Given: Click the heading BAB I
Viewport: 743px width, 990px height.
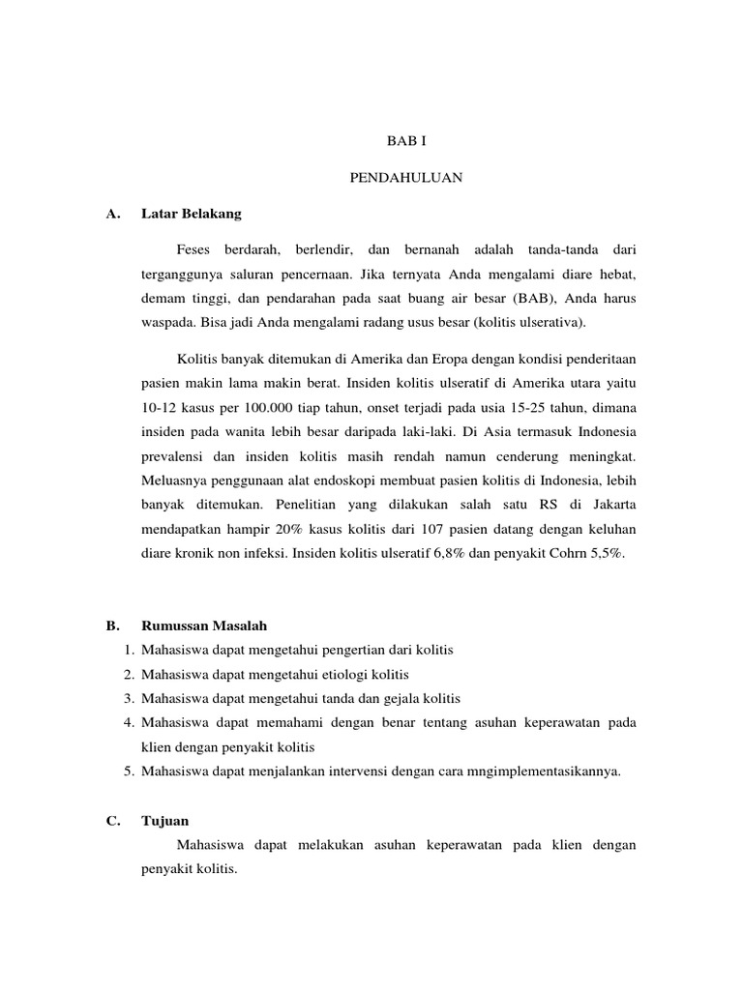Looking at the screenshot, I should click(406, 140).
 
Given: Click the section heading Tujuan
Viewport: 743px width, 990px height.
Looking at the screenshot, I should click(163, 821).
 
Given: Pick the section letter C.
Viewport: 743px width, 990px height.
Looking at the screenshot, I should click(113, 821).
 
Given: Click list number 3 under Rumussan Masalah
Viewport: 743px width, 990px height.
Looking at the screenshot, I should click(128, 698).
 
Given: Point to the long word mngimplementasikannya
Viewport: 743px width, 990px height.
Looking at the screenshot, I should click(548, 772).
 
